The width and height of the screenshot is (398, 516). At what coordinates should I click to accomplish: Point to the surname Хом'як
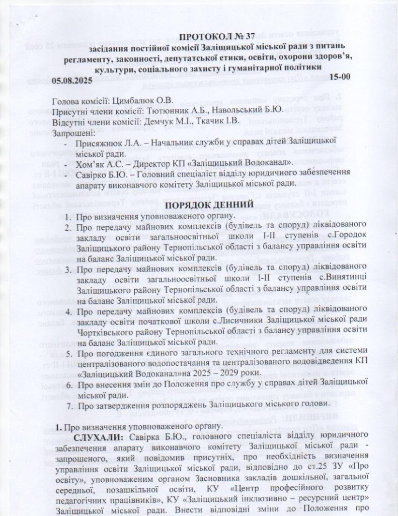pos(93,164)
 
